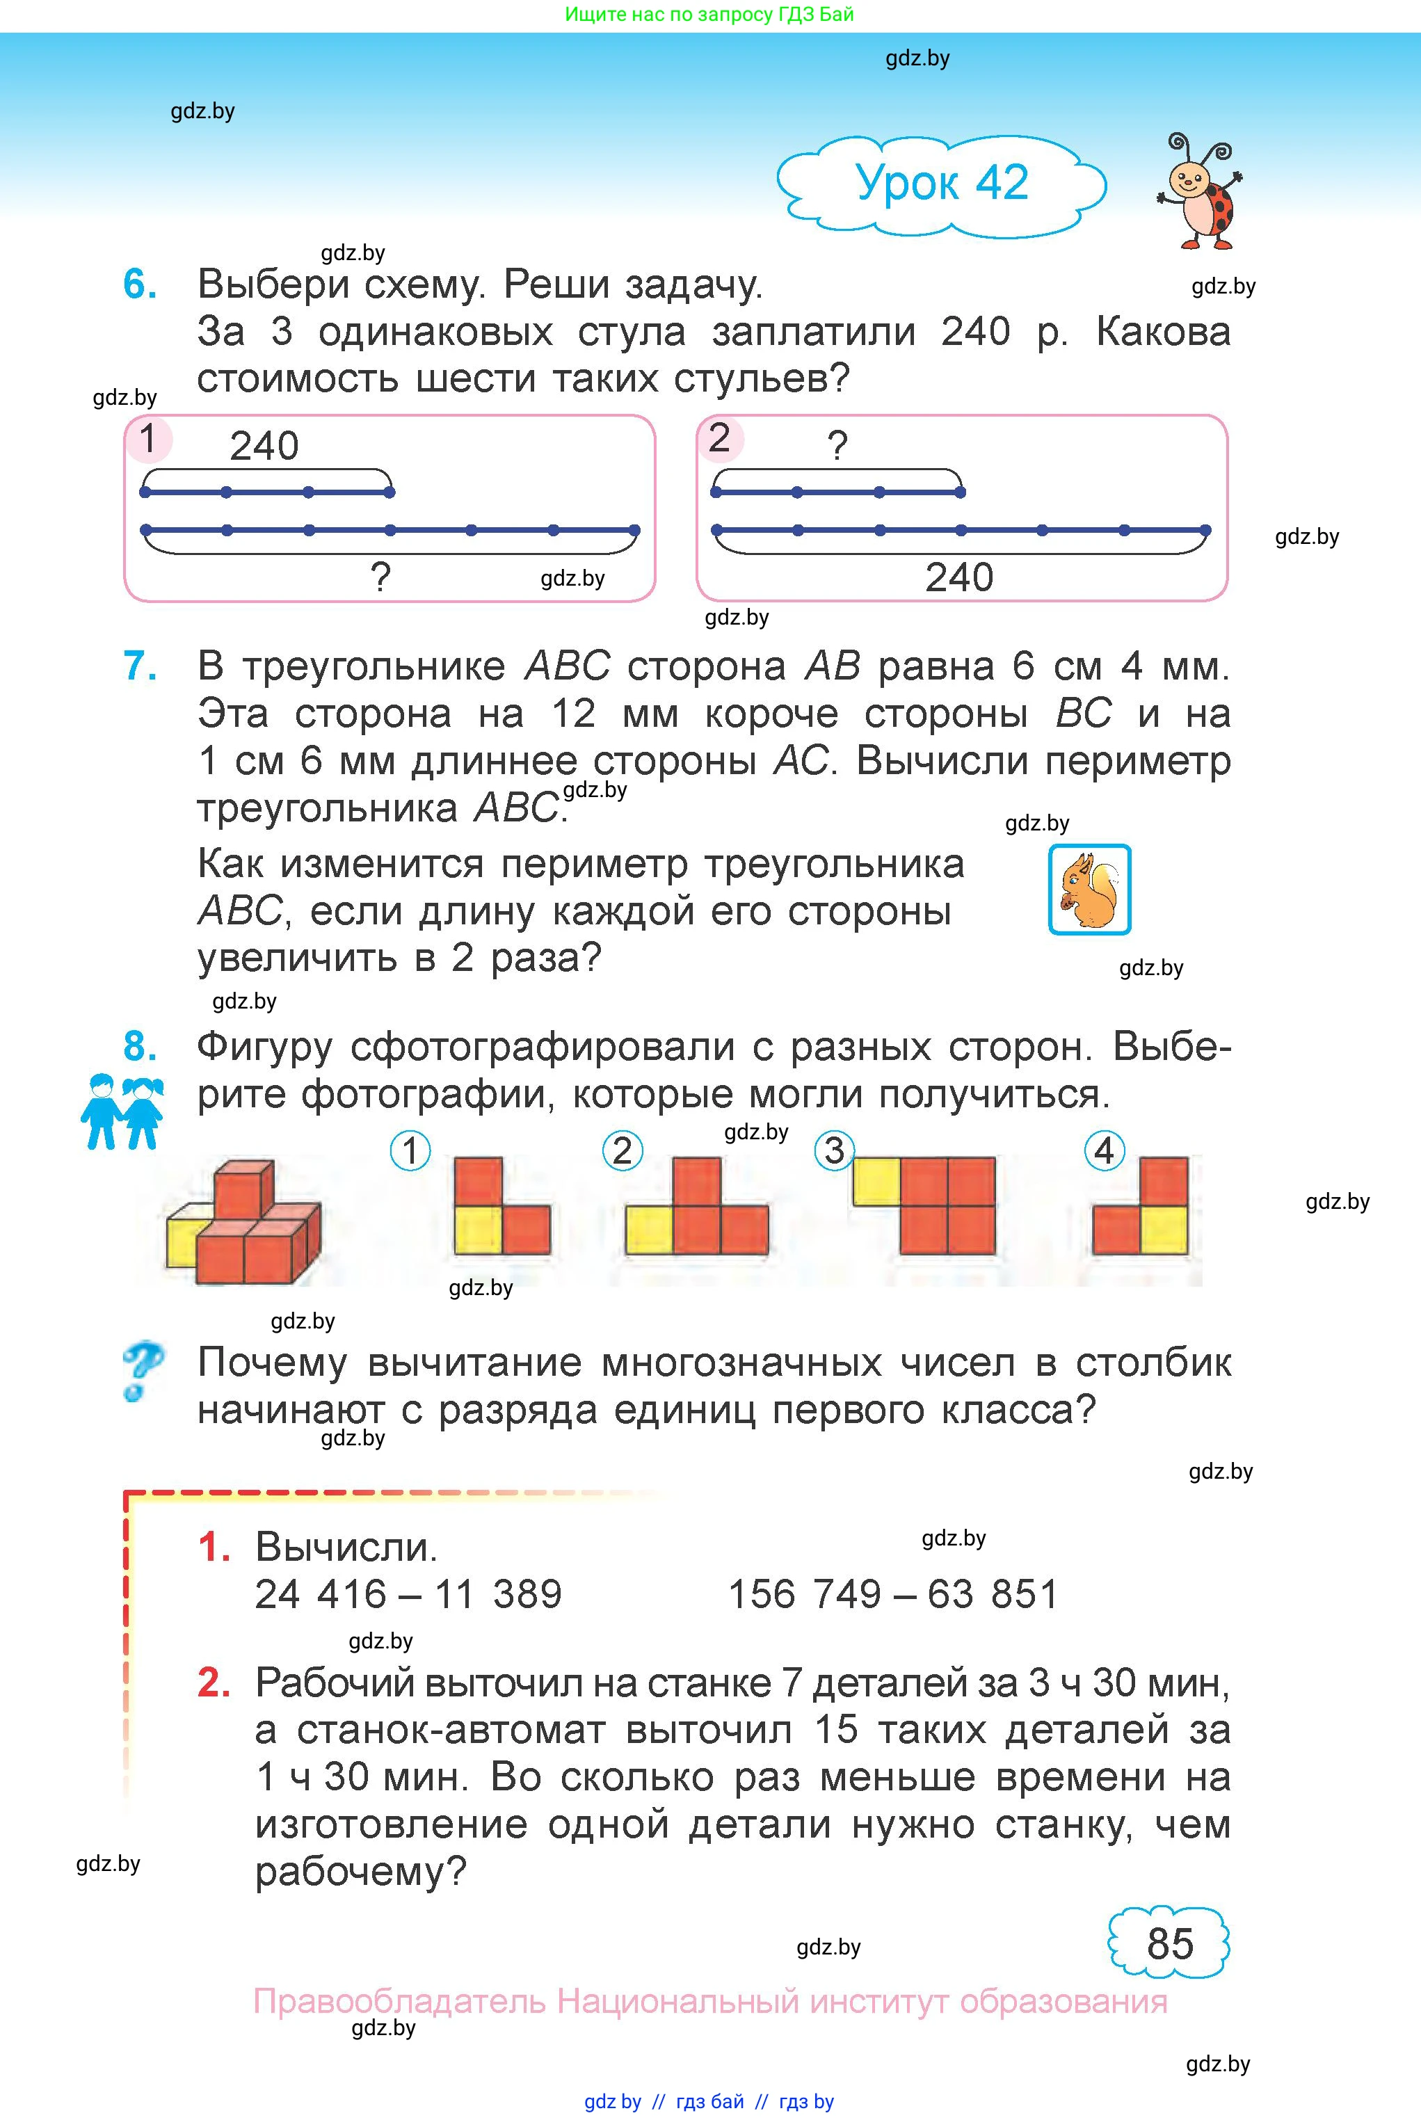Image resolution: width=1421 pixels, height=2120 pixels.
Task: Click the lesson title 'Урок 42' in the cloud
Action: pos(942,184)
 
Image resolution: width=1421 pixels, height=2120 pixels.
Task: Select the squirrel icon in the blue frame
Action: pos(1089,890)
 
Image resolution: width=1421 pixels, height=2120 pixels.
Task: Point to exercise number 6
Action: pos(140,284)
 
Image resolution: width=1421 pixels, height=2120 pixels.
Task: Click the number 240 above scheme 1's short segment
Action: pos(264,446)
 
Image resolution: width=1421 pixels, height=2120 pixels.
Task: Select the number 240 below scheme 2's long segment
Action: pos(959,577)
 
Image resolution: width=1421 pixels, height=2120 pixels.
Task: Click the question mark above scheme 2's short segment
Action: pos(837,446)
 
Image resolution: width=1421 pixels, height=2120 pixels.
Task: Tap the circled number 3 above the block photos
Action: pos(834,1150)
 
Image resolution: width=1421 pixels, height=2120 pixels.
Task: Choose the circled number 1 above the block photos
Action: pos(410,1150)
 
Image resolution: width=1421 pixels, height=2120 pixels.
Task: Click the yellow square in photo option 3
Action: pos(876,1182)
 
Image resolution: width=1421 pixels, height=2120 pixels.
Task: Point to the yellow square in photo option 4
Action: pos(1164,1230)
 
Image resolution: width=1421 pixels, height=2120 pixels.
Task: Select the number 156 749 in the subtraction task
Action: pos(804,1595)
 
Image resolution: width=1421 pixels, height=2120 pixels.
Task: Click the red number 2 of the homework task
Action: pos(214,1683)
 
